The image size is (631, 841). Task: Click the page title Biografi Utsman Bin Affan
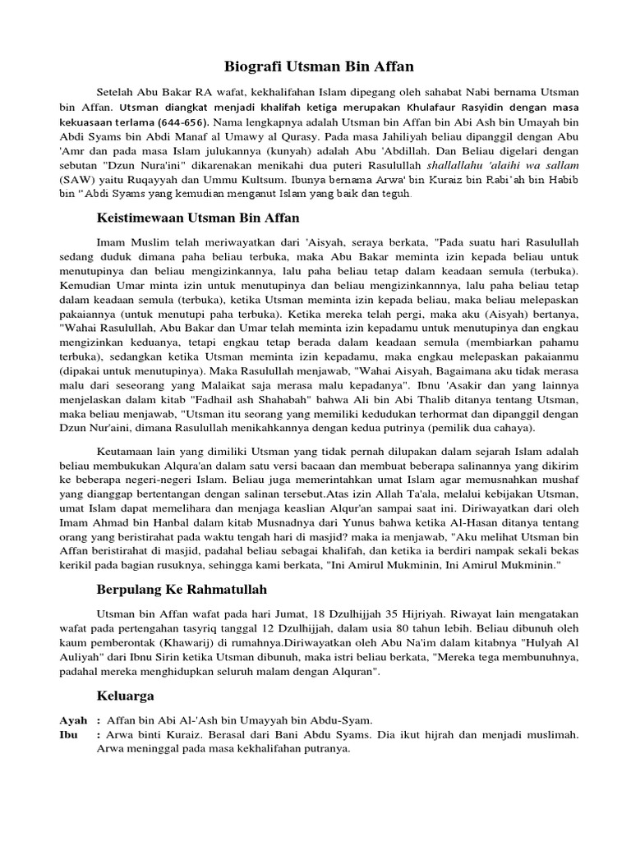click(320, 65)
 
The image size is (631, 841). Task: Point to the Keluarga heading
click(125, 696)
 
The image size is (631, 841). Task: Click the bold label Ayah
click(72, 719)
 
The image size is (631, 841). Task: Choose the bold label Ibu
click(67, 734)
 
